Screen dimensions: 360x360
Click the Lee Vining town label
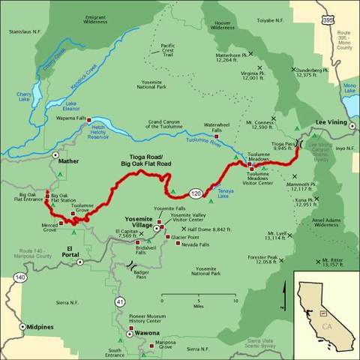click(330, 120)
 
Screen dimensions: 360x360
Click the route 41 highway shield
click(120, 301)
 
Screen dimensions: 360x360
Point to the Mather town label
click(67, 160)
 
